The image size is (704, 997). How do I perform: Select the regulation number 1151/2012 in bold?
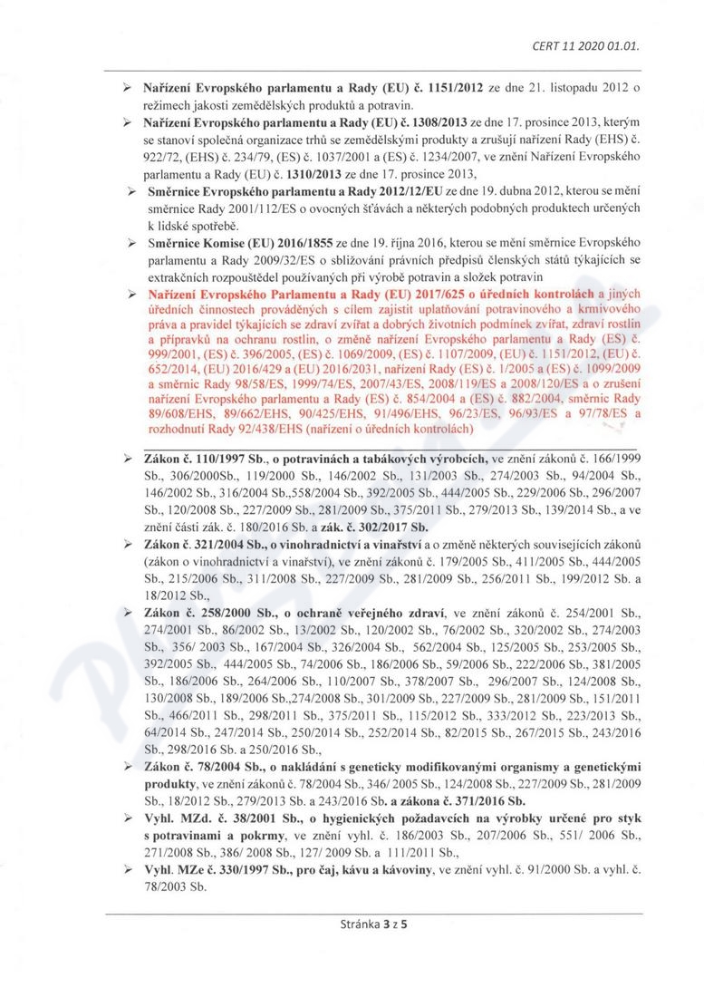(434, 90)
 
